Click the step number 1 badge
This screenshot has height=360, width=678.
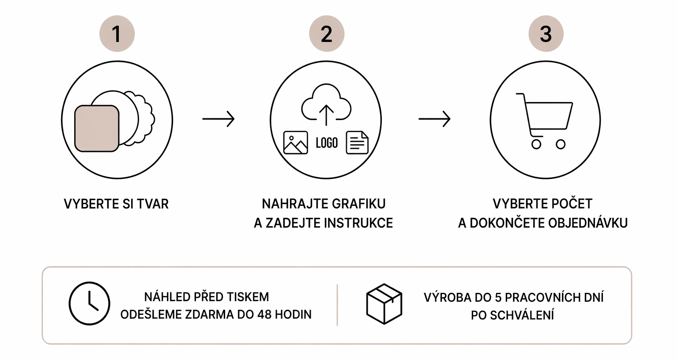(x=117, y=34)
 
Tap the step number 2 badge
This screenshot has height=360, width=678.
(x=327, y=34)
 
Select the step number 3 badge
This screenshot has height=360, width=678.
(x=546, y=34)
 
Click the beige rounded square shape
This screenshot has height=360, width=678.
(x=97, y=129)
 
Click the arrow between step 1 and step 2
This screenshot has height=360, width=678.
(x=218, y=119)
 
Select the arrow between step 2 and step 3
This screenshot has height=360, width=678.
(x=435, y=119)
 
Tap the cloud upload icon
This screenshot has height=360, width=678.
(x=326, y=104)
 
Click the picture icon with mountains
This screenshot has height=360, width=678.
(x=295, y=143)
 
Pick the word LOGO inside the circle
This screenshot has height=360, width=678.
(x=327, y=143)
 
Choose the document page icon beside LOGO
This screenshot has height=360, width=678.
(x=357, y=143)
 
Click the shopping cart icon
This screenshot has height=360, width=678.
(x=544, y=121)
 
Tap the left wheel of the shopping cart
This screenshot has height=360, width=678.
(x=536, y=144)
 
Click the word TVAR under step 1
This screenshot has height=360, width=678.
(x=153, y=204)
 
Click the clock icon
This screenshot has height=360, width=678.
(x=89, y=303)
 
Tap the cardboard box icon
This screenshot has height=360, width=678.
(x=384, y=304)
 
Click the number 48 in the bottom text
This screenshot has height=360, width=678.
(x=264, y=315)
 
